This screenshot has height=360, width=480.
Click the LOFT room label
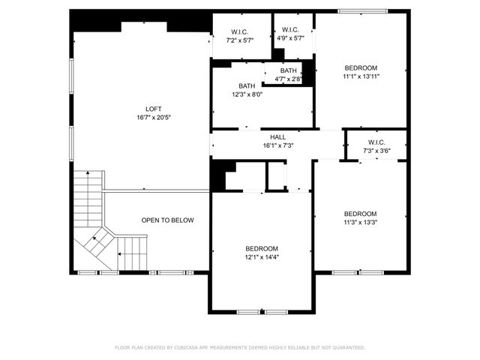tap(153, 109)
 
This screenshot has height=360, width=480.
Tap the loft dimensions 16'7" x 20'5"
tap(153, 118)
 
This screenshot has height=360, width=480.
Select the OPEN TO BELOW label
tap(168, 220)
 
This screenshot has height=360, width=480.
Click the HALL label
tap(277, 137)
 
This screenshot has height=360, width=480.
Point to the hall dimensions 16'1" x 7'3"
tap(277, 145)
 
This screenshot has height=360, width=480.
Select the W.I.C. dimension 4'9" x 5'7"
tap(290, 39)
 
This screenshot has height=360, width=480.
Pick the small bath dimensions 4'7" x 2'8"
tap(289, 78)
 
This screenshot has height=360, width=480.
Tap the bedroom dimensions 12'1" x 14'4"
tap(262, 257)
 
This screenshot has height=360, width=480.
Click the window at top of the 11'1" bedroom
tap(362, 11)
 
